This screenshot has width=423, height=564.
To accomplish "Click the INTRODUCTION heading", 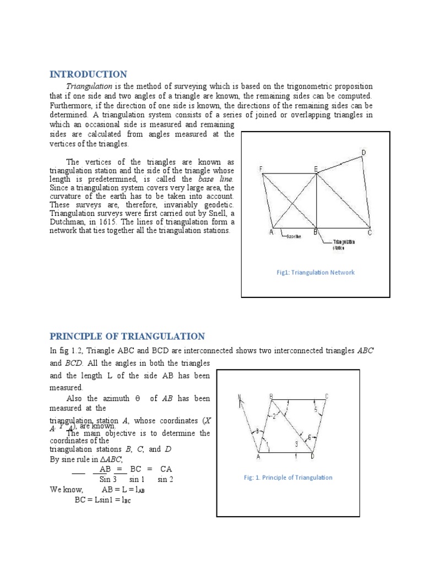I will pyautogui.click(x=88, y=74).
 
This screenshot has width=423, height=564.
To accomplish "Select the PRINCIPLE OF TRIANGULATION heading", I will pyautogui.click(x=127, y=337).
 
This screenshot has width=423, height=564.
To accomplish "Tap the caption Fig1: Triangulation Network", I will pyautogui.click(x=316, y=273).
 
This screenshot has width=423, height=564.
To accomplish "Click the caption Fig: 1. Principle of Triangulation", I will pyautogui.click(x=288, y=478).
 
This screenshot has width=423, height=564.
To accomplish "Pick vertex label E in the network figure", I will pyautogui.click(x=316, y=169).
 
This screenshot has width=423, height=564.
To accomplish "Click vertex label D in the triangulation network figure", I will pyautogui.click(x=364, y=152).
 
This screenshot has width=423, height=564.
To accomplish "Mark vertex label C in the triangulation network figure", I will pyautogui.click(x=370, y=233).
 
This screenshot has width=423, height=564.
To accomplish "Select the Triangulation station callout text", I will pyautogui.click(x=344, y=245).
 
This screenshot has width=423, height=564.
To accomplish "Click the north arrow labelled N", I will pyautogui.click(x=240, y=398).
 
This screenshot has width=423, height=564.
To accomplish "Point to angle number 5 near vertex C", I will pyautogui.click(x=316, y=409).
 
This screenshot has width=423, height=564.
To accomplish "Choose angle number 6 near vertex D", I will pyautogui.click(x=310, y=437).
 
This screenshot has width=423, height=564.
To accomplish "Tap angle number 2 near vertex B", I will pyautogui.click(x=274, y=416).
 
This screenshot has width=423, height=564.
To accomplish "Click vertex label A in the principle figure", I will pyautogui.click(x=258, y=457).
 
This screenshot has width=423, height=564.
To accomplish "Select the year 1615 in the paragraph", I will pyautogui.click(x=159, y=222).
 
